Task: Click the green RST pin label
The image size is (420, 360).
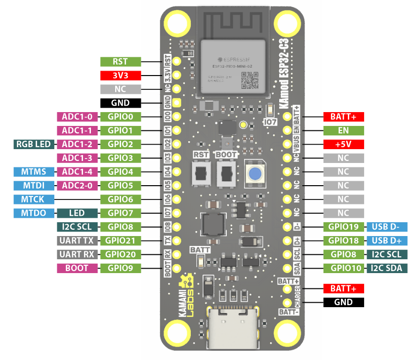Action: pos(121,62)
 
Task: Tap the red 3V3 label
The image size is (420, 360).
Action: pos(121,76)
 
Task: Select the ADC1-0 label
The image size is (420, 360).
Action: pos(78,117)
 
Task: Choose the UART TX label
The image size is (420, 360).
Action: pos(78,240)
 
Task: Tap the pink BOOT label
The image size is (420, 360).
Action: pos(78,268)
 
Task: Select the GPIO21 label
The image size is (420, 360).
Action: pos(121,240)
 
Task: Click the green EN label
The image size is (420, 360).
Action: pos(343,131)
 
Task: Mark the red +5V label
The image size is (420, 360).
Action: pos(343,145)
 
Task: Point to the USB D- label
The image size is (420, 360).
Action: pos(387,227)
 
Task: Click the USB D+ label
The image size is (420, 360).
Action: pos(387,240)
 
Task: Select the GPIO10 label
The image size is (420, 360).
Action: pos(343,268)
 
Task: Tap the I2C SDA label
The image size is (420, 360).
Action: pos(387,268)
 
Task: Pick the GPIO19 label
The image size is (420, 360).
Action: pos(343,227)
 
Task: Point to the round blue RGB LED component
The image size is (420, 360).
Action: pos(254,174)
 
